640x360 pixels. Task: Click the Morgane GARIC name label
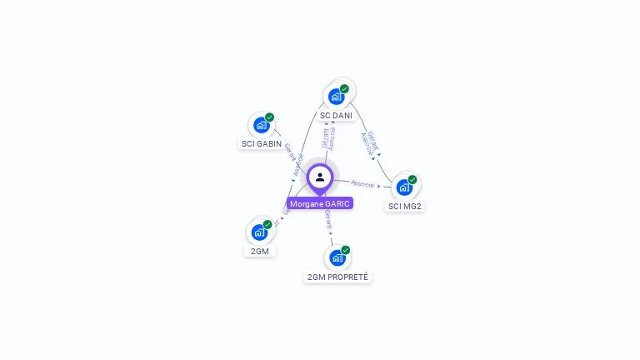[320, 203]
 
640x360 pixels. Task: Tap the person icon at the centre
[320, 177]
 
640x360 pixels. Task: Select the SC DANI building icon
[336, 97]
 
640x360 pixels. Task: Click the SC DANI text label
[336, 115]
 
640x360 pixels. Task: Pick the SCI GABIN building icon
[262, 126]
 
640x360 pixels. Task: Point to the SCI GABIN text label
[262, 143]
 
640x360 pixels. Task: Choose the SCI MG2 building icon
[404, 187]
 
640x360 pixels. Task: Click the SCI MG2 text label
[405, 206]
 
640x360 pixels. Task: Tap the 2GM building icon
[259, 232]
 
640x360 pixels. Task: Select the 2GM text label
[260, 251]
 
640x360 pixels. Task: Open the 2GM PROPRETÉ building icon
[337, 257]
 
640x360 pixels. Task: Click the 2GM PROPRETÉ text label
[337, 277]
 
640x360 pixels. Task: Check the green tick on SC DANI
[344, 88]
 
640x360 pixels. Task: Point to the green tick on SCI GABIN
[270, 117]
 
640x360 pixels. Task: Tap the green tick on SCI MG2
[412, 179]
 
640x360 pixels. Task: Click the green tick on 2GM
[267, 224]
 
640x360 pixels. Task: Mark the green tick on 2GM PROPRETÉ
[345, 250]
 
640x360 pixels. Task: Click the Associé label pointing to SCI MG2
[362, 183]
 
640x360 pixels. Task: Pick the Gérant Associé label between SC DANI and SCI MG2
[370, 142]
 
